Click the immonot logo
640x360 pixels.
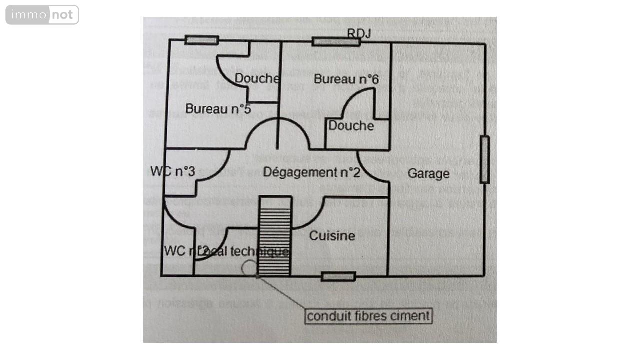tap(42, 15)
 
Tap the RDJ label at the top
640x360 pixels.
tap(359, 33)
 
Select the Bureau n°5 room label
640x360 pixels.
tap(218, 108)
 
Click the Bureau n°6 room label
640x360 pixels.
tap(346, 79)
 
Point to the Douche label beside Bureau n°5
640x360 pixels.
tap(257, 78)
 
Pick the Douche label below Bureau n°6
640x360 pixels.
tap(351, 125)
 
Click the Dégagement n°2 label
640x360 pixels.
tap(312, 172)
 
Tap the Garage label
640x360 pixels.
tap(428, 174)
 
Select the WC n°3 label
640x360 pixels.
tap(172, 171)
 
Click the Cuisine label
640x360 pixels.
tap(332, 235)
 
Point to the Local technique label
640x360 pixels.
tap(245, 251)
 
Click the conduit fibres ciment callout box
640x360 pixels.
tap(369, 316)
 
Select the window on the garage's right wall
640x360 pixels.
tap(484, 160)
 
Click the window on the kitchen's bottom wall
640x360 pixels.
tap(338, 276)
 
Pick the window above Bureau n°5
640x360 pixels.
tap(201, 40)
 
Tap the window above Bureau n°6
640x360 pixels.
tap(336, 41)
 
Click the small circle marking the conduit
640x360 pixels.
tap(249, 268)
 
